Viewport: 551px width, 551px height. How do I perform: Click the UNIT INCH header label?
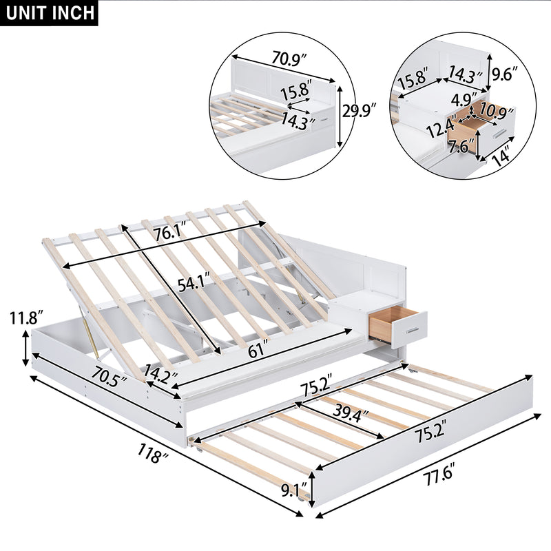(x=49, y=13)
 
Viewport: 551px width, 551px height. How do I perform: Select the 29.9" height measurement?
(x=360, y=110)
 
